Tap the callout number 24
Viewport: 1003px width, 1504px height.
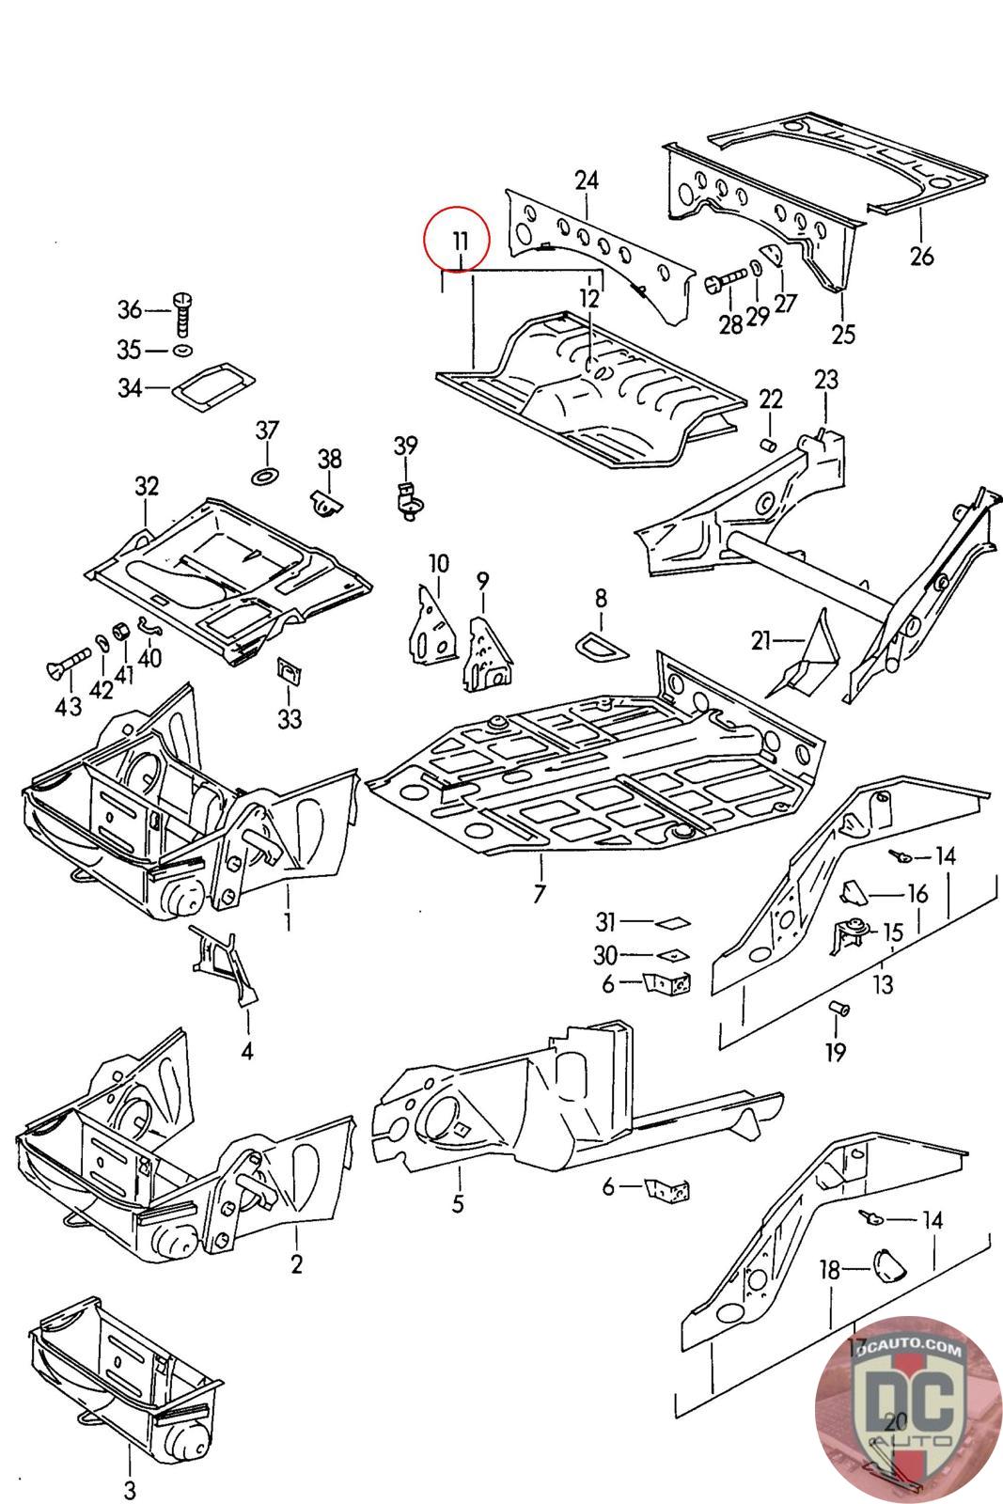tap(587, 179)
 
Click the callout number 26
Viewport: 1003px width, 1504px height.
tap(922, 255)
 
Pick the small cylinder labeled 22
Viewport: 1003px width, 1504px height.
tap(768, 443)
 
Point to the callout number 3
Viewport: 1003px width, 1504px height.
tap(129, 1490)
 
